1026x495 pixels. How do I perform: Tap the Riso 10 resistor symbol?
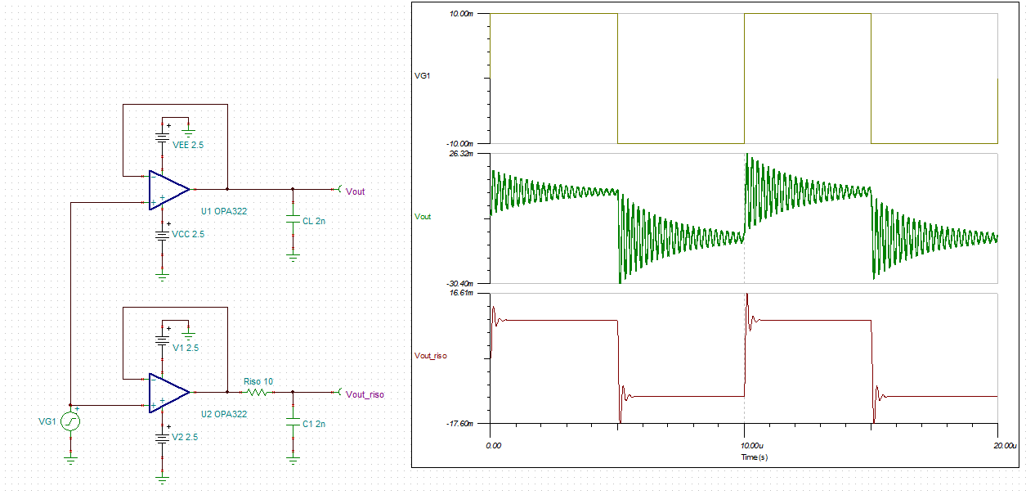[x=258, y=393]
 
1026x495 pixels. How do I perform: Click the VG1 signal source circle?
[x=70, y=421]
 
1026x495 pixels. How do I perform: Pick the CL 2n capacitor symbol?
[x=293, y=219]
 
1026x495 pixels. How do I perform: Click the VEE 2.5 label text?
[x=188, y=145]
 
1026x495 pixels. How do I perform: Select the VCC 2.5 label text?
[x=188, y=234]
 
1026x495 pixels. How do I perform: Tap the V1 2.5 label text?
[x=186, y=348]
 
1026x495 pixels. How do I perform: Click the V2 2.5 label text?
[x=185, y=437]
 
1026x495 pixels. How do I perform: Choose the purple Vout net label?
[x=355, y=191]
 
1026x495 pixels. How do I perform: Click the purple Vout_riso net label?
[x=365, y=394]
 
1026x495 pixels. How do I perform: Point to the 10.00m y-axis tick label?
[x=461, y=14]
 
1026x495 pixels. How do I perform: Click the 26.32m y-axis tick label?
[x=461, y=154]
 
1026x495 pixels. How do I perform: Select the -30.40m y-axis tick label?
[x=460, y=284]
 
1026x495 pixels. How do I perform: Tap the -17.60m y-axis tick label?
[x=460, y=424]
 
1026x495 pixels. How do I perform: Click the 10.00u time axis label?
[x=751, y=445]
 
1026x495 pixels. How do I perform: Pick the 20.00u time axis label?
[x=1005, y=445]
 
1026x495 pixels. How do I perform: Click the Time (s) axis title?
[x=755, y=457]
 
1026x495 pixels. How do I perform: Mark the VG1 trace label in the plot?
[x=423, y=75]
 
